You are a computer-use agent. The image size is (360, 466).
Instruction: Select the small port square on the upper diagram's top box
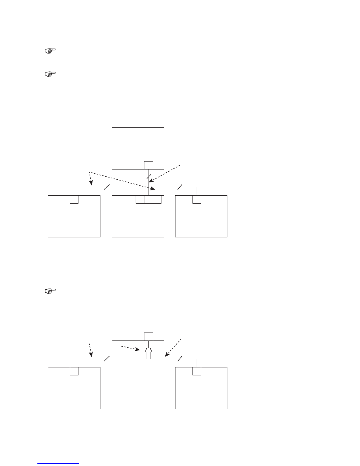149,165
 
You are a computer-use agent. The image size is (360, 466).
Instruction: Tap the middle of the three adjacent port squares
149,199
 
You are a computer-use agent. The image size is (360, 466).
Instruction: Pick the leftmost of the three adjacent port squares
140,199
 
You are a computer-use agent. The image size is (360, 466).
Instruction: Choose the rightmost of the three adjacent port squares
157,199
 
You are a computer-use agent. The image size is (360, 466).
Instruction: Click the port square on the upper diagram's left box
74,199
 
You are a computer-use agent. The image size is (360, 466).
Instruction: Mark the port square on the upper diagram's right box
197,199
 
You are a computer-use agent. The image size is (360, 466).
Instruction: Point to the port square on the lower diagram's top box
149,336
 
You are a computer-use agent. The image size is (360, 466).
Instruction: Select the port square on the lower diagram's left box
74,371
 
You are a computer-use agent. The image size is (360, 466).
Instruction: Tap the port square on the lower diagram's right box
197,371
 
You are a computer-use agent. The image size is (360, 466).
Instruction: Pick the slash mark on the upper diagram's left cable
107,187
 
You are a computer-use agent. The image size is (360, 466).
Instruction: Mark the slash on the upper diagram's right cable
180,187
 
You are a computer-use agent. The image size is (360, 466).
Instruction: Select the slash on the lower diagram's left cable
107,358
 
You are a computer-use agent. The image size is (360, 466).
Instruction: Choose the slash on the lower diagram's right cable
180,358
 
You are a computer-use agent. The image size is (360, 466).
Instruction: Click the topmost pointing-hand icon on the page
50,50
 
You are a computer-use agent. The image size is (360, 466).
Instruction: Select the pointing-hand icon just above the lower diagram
50,291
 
